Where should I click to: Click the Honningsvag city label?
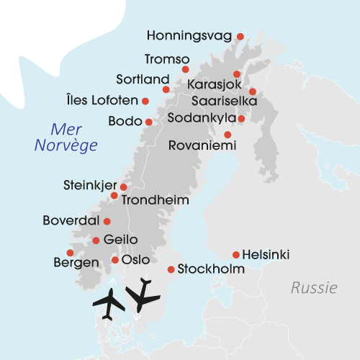tap(190, 35)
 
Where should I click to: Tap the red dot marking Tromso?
tap(185, 70)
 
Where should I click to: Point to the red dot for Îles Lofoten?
tap(145, 101)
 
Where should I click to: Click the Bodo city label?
tap(125, 122)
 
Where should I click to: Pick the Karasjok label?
tap(213, 86)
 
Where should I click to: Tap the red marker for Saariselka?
tap(253, 91)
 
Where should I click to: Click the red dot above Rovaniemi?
tap(228, 135)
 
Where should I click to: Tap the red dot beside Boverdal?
tap(107, 221)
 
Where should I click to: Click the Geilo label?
tap(120, 240)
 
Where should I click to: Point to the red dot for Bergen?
tap(70, 252)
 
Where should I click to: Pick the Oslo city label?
tap(136, 259)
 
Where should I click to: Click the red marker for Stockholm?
tap(171, 269)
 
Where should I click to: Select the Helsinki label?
tap(266, 254)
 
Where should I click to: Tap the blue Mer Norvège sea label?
tap(66, 137)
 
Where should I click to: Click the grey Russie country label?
tap(314, 289)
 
